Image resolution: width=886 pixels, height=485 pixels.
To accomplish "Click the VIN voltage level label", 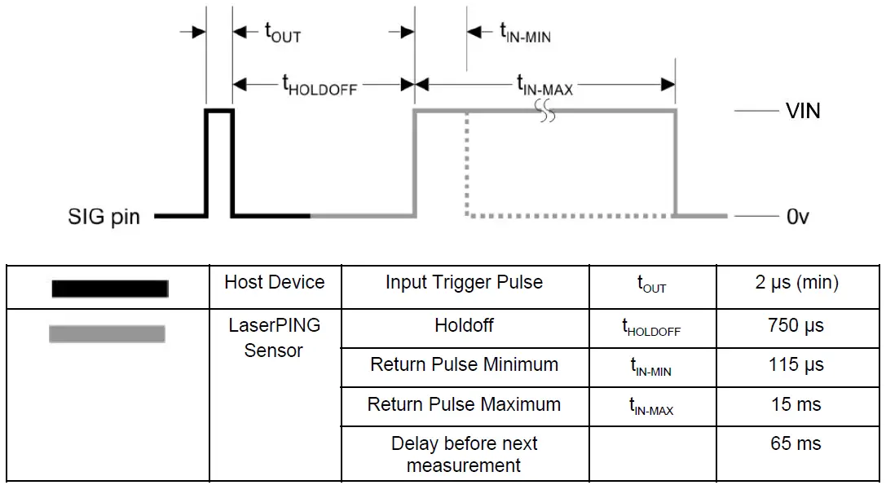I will click(802, 111).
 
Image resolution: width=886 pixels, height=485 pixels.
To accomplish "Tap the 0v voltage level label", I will click(797, 217).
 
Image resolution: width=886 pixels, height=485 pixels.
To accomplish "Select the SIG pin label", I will click(104, 217).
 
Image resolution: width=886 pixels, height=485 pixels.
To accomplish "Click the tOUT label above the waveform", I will click(283, 33).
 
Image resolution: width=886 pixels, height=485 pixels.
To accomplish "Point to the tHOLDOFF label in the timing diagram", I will click(320, 85).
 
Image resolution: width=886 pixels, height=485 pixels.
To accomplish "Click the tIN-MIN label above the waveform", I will click(525, 33).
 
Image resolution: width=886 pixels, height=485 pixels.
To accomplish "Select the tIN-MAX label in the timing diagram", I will click(544, 85).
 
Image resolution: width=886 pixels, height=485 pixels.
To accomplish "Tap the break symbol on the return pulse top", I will click(545, 112).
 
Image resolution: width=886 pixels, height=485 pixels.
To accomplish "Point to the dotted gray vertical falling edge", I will click(466, 163).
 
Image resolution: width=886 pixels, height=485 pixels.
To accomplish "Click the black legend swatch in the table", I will click(109, 289).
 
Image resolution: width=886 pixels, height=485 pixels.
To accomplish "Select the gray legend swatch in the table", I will click(107, 333).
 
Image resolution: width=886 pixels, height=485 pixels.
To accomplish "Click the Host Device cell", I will click(275, 283).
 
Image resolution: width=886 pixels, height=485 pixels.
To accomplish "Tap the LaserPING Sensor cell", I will click(275, 338).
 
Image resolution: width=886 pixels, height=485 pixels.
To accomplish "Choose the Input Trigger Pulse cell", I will click(464, 283).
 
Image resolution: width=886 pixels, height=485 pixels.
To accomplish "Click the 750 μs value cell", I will click(796, 326).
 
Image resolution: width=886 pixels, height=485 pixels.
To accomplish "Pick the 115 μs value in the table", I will click(796, 365).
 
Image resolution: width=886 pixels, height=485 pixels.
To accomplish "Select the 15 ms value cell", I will click(796, 404).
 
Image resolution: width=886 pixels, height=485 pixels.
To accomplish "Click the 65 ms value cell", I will click(796, 444).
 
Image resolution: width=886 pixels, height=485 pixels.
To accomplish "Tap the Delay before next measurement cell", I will click(464, 455).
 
